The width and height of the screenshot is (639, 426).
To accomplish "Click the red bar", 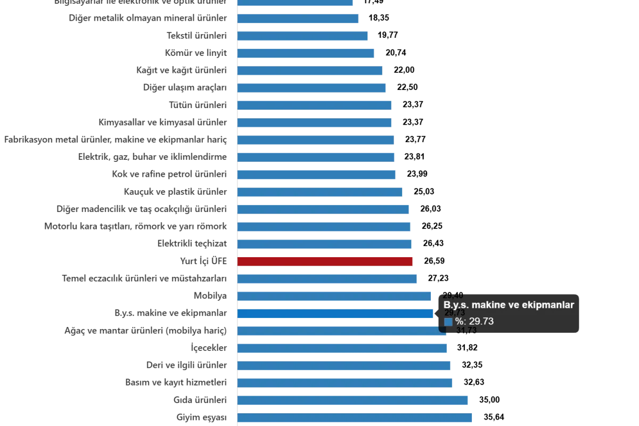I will tap(325, 261).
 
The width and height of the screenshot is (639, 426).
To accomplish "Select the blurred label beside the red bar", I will tap(204, 261).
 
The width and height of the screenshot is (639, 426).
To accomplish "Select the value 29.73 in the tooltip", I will tap(481, 322).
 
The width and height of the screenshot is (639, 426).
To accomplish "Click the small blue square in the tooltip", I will tap(448, 322).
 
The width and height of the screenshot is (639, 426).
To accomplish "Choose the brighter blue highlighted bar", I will tap(335, 314).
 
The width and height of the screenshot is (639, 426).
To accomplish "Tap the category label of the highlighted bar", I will tap(171, 314).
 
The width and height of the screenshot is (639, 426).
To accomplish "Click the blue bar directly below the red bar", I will tap(327, 279).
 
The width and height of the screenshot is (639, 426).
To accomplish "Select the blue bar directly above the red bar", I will tap(325, 244).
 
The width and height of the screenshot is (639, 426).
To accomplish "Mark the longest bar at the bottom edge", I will tap(355, 419).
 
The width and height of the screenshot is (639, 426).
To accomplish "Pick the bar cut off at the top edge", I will tap(295, 3).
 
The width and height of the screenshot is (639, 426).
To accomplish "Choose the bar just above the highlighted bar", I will tap(335, 296).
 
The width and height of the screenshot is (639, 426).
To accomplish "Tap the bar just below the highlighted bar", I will tap(342, 331).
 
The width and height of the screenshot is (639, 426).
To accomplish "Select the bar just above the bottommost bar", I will tap(353, 400).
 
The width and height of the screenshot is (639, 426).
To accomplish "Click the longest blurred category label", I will tap(118, 140).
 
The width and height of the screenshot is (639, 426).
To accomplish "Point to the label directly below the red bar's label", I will tap(145, 279).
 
